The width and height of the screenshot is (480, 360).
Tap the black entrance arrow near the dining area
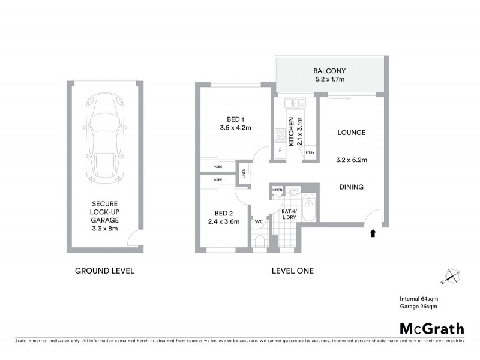(373, 233)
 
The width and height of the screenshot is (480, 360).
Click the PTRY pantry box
(310, 153)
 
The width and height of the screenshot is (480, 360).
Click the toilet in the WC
(259, 241)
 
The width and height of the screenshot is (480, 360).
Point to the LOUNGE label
(352, 133)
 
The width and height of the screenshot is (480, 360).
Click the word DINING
(351, 187)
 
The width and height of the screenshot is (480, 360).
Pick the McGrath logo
(431, 328)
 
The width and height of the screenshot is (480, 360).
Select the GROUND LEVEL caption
(104, 271)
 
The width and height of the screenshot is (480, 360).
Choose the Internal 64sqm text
(418, 298)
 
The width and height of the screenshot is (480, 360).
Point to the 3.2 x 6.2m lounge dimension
(352, 160)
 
